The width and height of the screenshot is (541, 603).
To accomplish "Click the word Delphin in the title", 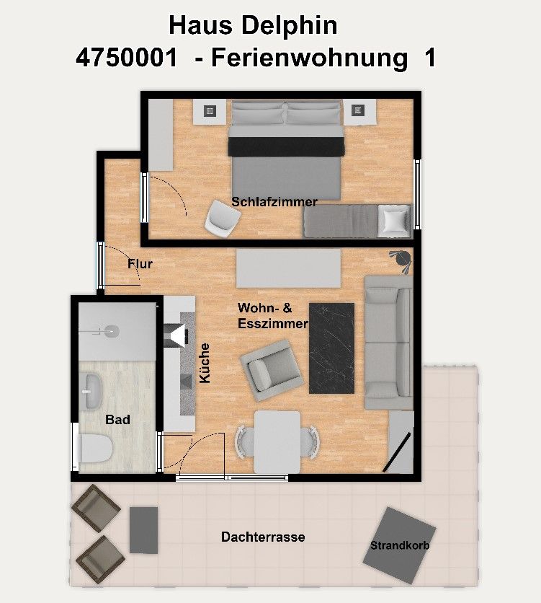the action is coord(290,26).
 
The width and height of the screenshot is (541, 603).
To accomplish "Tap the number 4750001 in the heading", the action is coord(127,58).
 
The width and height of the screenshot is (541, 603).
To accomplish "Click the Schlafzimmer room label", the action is coord(274,202).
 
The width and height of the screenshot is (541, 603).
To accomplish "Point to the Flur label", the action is coord(140,264).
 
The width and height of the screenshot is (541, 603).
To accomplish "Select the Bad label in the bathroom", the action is coord(117,419).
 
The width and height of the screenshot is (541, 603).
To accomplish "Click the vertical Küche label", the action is coord(205,363).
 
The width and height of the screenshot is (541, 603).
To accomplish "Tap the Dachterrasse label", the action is coord(263,537).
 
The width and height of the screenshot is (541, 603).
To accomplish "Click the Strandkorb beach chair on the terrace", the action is coord(399,545).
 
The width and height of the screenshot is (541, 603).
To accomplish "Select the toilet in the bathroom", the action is coord(96,449).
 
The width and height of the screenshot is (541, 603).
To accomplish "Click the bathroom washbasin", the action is coord(91,391).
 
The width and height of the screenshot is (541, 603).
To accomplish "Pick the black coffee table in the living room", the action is coord(332,348).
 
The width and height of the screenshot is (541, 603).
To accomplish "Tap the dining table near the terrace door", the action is coord(277,442).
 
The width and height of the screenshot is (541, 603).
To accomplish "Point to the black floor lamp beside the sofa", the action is coord(401,260).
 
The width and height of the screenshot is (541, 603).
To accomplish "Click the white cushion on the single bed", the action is coord(393,221).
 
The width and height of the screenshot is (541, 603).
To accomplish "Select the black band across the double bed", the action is coord(287,146).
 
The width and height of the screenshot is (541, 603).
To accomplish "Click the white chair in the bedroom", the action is coord(222,218).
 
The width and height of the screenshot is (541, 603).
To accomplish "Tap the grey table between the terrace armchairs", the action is coord(143,530).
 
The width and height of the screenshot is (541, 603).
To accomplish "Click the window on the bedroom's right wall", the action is coord(417,195).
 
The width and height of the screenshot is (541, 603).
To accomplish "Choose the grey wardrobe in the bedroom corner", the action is coord(161,135).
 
